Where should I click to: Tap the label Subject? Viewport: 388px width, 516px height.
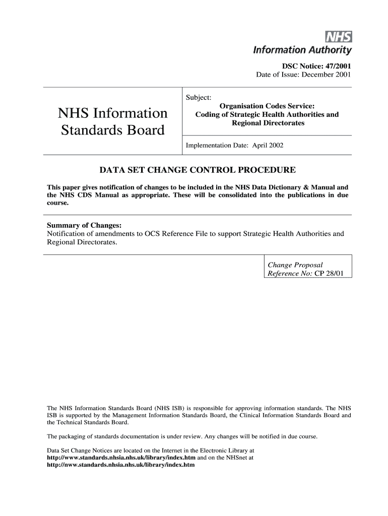coord(199,97)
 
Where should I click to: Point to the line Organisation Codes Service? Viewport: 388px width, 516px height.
coord(268,106)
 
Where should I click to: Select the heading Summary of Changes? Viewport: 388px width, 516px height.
coord(84,225)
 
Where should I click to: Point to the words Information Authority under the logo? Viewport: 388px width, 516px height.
coord(302,50)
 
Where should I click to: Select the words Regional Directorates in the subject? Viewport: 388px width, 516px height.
coord(268,123)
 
